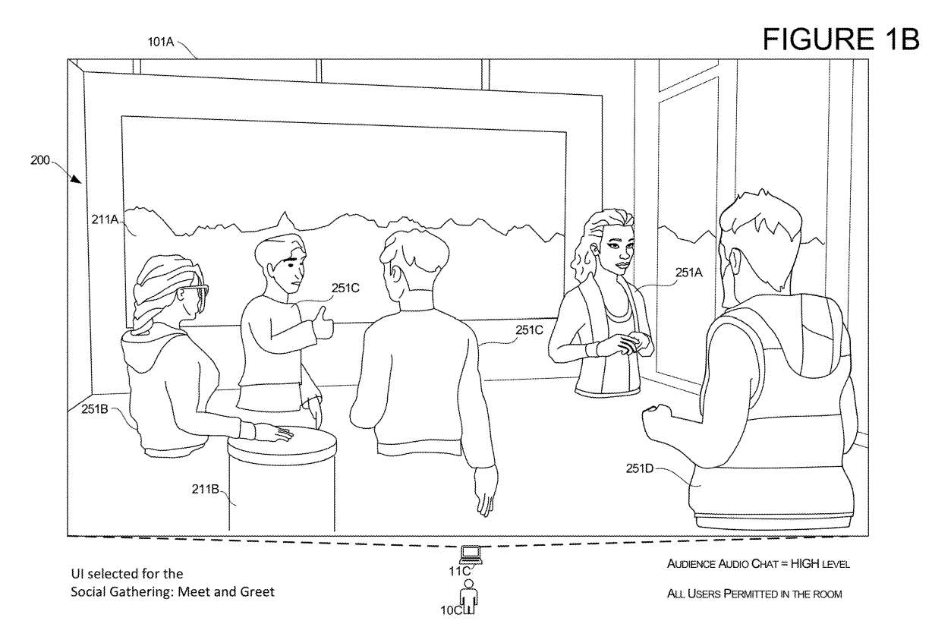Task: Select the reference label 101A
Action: tap(161, 43)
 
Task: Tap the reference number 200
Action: tap(40, 161)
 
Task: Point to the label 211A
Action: tap(103, 220)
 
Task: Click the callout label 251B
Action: tap(97, 409)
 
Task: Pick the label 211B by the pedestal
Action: tap(205, 490)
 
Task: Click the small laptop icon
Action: tap(471, 552)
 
